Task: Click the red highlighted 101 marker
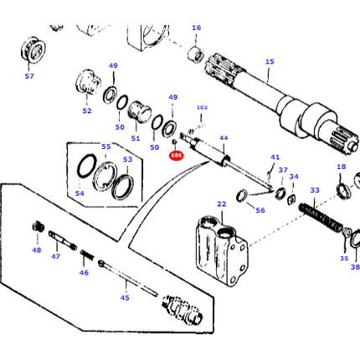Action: click(x=176, y=155)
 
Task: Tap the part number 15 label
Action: click(x=269, y=61)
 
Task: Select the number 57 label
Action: click(x=29, y=76)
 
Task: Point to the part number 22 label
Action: click(x=221, y=203)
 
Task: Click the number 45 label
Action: click(x=125, y=297)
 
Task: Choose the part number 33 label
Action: click(x=314, y=191)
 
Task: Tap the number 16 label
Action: click(x=196, y=28)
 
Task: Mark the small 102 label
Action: click(x=201, y=107)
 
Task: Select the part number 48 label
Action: click(x=36, y=249)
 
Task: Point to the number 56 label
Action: click(x=260, y=210)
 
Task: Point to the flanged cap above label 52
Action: click(x=89, y=85)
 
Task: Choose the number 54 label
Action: click(x=80, y=193)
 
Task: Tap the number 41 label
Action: click(x=275, y=157)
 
